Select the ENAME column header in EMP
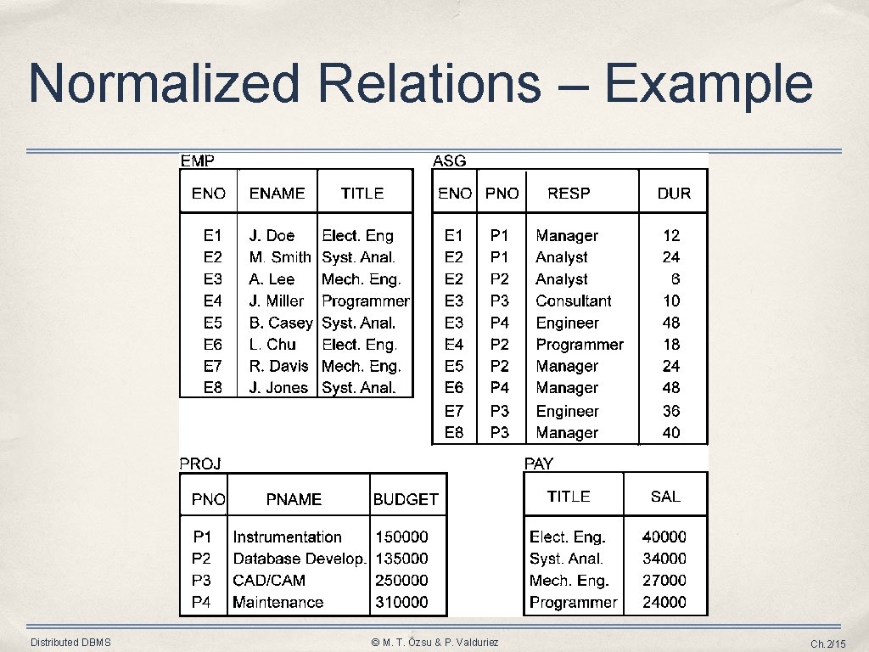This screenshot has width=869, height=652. pyautogui.click(x=277, y=194)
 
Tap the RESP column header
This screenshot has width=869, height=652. pyautogui.click(x=569, y=194)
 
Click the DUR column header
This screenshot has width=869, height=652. pyautogui.click(x=674, y=194)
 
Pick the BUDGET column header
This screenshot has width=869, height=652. pyautogui.click(x=406, y=500)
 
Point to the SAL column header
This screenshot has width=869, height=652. pyautogui.click(x=665, y=497)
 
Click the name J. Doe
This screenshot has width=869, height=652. pyautogui.click(x=272, y=236)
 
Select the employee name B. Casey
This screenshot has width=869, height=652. pyautogui.click(x=281, y=323)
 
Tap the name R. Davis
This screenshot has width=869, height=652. pyautogui.click(x=279, y=367)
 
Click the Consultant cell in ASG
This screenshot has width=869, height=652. pyautogui.click(x=574, y=301)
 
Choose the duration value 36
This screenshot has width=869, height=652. pyautogui.click(x=671, y=411)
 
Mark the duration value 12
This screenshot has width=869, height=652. pyautogui.click(x=671, y=236)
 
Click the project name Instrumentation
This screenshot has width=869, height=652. pyautogui.click(x=287, y=537)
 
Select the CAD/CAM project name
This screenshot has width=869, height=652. pyautogui.click(x=269, y=581)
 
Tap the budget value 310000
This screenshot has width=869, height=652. pyautogui.click(x=401, y=602)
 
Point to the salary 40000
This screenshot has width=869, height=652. pyautogui.click(x=664, y=537)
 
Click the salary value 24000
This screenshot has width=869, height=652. pyautogui.click(x=664, y=602)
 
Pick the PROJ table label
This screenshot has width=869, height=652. pyautogui.click(x=200, y=464)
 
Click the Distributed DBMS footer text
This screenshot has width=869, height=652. pyautogui.click(x=70, y=643)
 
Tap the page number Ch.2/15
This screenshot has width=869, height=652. pyautogui.click(x=828, y=644)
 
